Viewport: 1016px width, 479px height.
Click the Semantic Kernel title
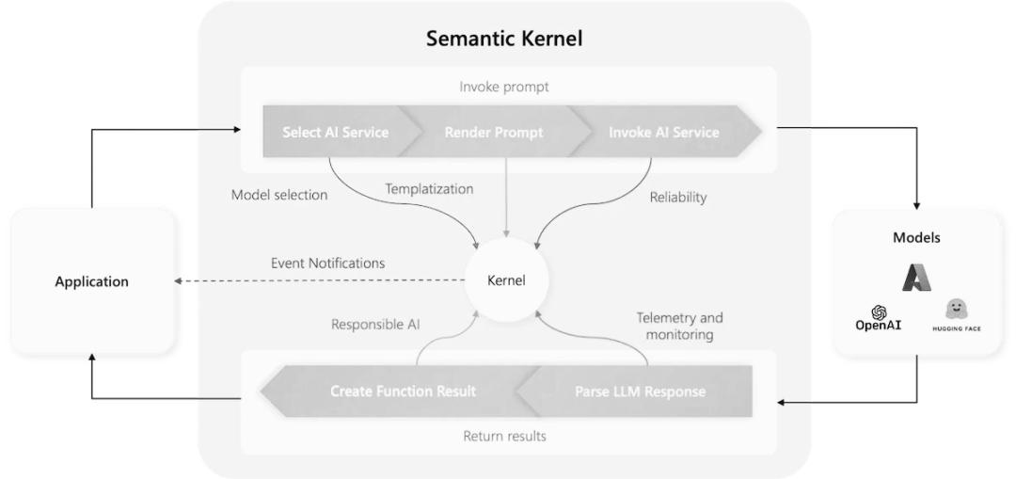pos(504,39)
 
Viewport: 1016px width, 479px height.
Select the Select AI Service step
pos(335,132)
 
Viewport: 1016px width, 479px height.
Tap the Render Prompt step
pos(493,132)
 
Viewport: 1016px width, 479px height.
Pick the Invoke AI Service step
pos(663,132)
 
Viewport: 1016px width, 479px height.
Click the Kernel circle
pos(506,280)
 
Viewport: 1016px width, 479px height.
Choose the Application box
pos(91,281)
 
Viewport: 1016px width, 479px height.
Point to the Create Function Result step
pos(403,391)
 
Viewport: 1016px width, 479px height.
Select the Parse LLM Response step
pos(640,391)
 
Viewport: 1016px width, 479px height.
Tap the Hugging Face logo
pos(956,314)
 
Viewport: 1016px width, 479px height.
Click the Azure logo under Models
pos(915,277)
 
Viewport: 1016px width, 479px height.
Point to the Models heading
pos(915,237)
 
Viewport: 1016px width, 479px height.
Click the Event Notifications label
pos(327,263)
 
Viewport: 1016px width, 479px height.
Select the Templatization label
pos(429,188)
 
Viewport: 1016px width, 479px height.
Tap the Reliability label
pos(677,198)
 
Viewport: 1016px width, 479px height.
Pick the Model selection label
pos(279,195)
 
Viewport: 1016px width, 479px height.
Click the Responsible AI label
pos(375,325)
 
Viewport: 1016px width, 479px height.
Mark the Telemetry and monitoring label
pos(679,326)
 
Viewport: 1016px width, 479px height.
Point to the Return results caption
pos(504,436)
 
